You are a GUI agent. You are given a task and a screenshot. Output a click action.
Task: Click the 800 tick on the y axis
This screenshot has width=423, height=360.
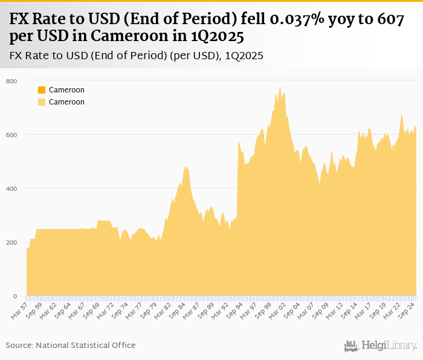[11, 81]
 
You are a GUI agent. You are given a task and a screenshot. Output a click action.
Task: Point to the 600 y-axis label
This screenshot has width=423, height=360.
[11, 135]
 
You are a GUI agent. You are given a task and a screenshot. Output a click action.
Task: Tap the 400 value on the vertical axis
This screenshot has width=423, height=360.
[11, 188]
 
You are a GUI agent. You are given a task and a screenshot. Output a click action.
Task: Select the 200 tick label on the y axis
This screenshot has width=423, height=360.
[11, 242]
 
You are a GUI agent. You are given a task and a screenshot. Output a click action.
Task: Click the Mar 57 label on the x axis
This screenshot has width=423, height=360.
[20, 312]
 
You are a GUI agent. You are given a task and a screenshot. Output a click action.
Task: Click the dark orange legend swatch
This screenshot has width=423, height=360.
[42, 90]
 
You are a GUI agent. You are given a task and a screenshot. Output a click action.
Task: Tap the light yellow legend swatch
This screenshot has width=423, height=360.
[42, 102]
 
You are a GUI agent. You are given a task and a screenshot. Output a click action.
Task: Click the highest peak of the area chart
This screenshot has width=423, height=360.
[280, 88]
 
